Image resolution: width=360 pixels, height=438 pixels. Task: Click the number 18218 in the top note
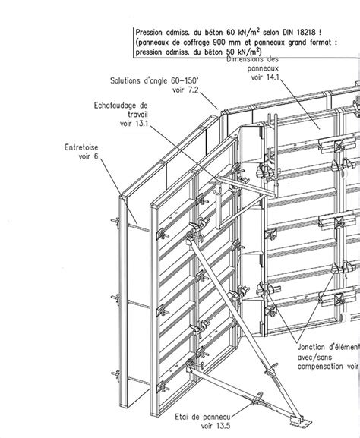(x=306, y=32)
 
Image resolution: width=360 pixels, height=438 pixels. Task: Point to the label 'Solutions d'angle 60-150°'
(x=154, y=80)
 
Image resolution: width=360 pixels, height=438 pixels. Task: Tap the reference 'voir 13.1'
(x=134, y=123)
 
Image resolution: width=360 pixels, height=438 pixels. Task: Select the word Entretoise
(x=81, y=147)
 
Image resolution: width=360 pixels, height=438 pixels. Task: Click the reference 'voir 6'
(x=88, y=156)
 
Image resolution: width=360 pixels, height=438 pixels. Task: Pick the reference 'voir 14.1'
(x=265, y=77)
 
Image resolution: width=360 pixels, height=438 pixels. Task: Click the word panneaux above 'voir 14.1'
(x=263, y=68)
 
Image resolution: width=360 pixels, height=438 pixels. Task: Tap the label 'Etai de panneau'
(x=203, y=417)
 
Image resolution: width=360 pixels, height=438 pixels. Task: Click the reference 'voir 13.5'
(x=216, y=426)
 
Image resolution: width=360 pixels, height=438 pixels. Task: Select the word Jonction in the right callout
(x=311, y=347)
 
